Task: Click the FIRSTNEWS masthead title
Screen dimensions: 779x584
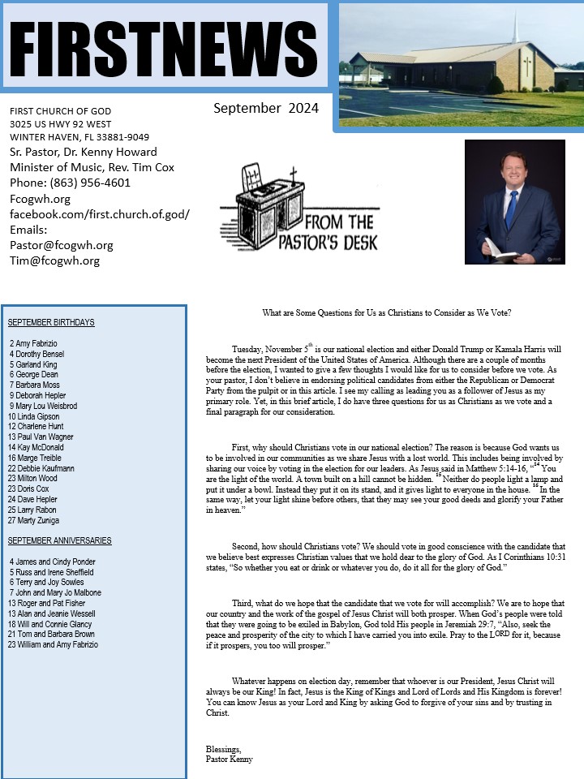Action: (164, 46)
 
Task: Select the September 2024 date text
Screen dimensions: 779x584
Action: (266, 108)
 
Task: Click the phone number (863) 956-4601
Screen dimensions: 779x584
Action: (70, 183)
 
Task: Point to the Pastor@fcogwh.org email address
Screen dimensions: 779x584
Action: (61, 245)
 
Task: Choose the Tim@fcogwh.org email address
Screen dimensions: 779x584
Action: (54, 260)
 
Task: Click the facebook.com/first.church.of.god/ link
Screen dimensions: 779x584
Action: (99, 213)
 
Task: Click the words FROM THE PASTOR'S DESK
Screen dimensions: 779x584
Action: (338, 231)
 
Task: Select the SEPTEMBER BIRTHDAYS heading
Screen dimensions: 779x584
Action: (51, 322)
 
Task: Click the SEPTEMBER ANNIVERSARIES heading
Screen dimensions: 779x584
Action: (59, 540)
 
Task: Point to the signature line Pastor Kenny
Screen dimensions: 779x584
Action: (230, 760)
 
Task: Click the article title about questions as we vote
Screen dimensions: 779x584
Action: (387, 312)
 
